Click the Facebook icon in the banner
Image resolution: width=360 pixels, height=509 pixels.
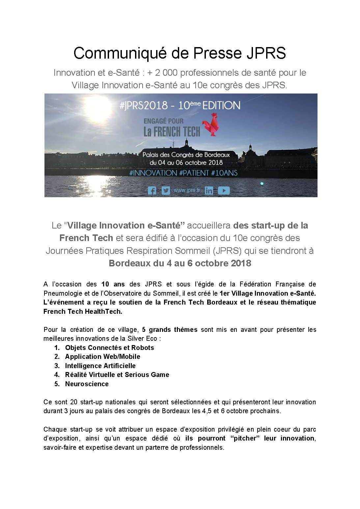pos(152,190)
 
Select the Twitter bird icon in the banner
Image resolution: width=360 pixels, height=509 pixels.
pos(166,190)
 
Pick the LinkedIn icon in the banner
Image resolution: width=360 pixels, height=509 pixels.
pos(209,190)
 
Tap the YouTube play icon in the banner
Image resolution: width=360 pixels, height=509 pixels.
pos(224,190)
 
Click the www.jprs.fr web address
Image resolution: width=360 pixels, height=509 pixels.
pos(187,190)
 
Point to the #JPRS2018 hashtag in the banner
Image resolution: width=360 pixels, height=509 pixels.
pos(144,106)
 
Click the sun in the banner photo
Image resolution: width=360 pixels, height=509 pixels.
pos(98,107)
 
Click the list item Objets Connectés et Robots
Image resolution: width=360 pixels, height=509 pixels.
pos(109,348)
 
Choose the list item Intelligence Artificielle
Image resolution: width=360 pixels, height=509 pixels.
pos(100,366)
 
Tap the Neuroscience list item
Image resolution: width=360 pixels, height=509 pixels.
pos(87,384)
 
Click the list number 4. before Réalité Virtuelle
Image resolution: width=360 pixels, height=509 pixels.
pos(57,375)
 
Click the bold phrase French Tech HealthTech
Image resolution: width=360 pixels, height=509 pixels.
pos(83,311)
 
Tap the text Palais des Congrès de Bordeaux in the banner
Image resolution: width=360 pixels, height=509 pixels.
pos(186,155)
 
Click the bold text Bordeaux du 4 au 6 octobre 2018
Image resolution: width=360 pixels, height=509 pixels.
pos(180,263)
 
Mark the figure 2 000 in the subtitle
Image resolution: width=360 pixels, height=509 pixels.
pos(166,73)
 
